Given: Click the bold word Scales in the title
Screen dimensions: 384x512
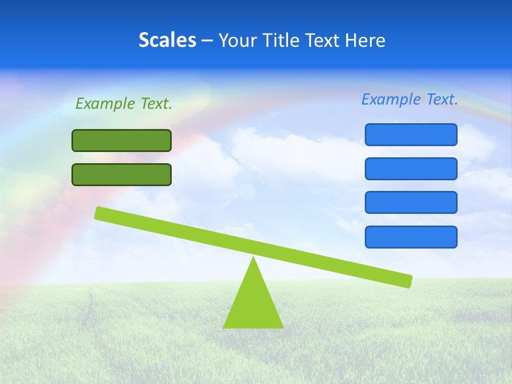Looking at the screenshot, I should click(x=167, y=41).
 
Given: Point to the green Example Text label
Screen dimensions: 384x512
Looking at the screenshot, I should click(x=124, y=103).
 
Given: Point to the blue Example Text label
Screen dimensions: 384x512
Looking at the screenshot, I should click(x=410, y=99).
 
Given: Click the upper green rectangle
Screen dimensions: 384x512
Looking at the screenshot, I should click(x=122, y=140).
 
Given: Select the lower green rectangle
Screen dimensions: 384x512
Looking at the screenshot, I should click(x=122, y=174).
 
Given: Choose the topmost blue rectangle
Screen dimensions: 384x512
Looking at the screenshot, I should click(x=411, y=134).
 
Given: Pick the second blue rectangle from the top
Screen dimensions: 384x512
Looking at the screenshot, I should click(x=411, y=169).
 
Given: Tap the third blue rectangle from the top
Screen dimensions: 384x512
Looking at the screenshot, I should click(x=411, y=203).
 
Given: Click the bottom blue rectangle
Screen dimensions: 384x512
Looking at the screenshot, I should click(x=411, y=237).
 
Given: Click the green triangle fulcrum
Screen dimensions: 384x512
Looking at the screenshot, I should click(x=253, y=304).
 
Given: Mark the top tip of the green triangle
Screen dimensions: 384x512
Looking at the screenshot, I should click(x=253, y=259).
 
